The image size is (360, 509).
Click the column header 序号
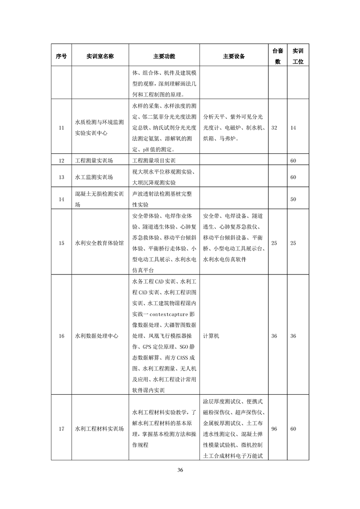(61, 56)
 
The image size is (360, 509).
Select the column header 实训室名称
(100, 56)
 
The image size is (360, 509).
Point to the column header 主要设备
(234, 56)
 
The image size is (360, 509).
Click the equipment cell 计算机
(211, 336)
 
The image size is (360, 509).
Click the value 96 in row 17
(274, 429)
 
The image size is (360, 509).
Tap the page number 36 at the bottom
(180, 470)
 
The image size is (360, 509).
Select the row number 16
(61, 336)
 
